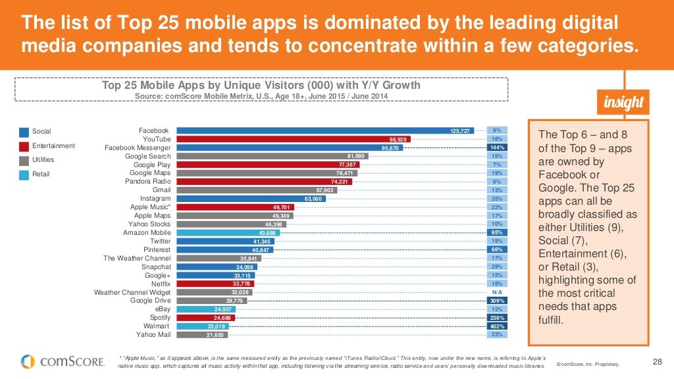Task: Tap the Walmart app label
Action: (x=157, y=326)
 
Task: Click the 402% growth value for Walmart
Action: (x=497, y=326)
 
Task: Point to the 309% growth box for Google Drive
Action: (x=497, y=301)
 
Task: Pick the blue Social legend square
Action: (x=24, y=132)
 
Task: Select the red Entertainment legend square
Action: (x=24, y=146)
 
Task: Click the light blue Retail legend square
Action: (x=24, y=174)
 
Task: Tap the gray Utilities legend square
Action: (x=24, y=160)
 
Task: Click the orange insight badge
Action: (x=623, y=104)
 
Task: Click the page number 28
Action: (x=656, y=361)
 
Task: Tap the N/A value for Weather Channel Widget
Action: (x=497, y=292)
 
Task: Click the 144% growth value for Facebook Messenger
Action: (x=497, y=147)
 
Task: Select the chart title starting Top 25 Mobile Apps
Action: (x=261, y=86)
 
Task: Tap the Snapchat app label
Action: (x=156, y=267)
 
